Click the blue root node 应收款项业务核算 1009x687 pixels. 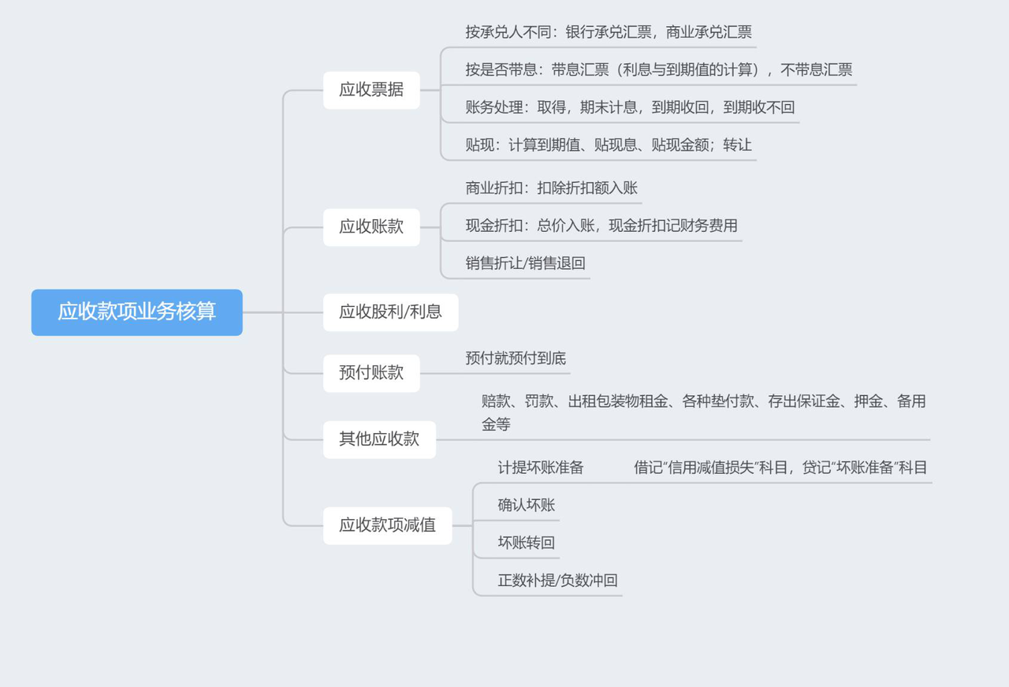tap(136, 312)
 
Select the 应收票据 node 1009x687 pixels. tap(371, 90)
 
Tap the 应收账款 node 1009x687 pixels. tap(371, 227)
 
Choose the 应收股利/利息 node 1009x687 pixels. tap(390, 312)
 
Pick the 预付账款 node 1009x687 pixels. tap(371, 373)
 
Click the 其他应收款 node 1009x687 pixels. tap(379, 439)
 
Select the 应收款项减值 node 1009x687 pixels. tap(387, 525)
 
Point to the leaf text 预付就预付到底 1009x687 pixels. tap(516, 358)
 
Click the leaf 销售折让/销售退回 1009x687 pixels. tap(525, 263)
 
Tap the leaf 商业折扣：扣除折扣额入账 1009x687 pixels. tap(551, 188)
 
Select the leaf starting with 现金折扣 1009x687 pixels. tap(601, 226)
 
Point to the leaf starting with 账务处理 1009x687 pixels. tap(630, 107)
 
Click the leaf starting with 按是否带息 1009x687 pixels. tap(658, 69)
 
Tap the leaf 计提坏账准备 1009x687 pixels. tap(540, 467)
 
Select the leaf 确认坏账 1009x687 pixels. tap(526, 505)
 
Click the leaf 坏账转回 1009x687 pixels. tap(526, 543)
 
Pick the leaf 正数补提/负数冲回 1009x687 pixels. tap(557, 581)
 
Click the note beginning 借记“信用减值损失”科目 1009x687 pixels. tap(780, 467)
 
